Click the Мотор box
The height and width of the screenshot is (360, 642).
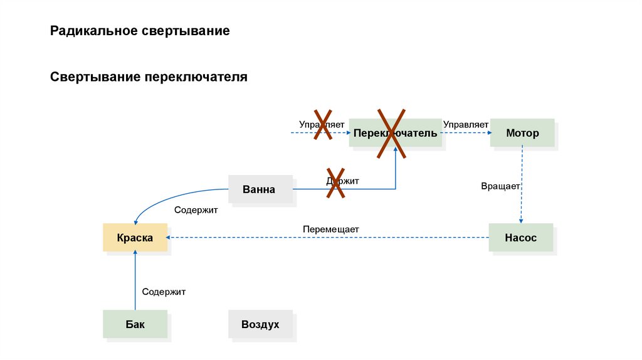click(x=522, y=133)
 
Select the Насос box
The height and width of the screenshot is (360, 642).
click(x=521, y=238)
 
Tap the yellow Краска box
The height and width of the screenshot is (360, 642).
click(x=135, y=238)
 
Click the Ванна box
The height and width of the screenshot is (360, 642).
click(x=260, y=189)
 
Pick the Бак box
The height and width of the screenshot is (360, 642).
click(x=135, y=324)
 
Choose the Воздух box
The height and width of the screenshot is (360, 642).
click(x=260, y=324)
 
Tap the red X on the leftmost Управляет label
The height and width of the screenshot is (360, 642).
click(x=322, y=124)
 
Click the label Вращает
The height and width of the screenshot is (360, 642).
click(x=501, y=186)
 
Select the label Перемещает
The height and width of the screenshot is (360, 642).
click(x=330, y=230)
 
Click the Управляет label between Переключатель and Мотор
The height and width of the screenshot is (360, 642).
click(x=466, y=124)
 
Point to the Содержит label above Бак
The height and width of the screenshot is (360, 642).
click(x=164, y=292)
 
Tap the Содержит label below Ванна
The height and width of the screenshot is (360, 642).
click(x=196, y=211)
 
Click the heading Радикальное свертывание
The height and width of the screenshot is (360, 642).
click(x=140, y=31)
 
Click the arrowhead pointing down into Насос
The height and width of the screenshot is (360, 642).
click(x=522, y=220)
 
